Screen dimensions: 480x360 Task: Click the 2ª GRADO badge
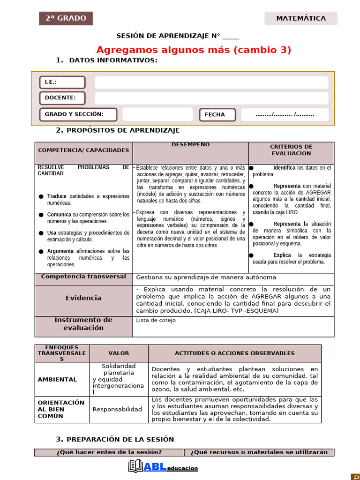point(66,18)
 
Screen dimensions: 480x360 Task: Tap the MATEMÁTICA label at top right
point(301,18)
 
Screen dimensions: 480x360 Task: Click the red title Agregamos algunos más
point(194,50)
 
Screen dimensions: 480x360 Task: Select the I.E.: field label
point(62,82)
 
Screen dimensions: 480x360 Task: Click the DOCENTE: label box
point(62,98)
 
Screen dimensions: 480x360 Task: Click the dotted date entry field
point(285,115)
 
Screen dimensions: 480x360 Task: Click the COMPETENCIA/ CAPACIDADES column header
point(83,150)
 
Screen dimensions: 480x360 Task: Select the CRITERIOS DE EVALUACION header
point(291,150)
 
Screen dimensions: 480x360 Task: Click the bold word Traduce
point(57,196)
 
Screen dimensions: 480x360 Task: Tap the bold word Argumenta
point(60,251)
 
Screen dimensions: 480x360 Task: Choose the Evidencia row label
point(83,298)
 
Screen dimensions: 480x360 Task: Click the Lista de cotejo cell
point(156,321)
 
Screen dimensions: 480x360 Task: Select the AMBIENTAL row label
point(57,380)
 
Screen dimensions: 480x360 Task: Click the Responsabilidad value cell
point(117,409)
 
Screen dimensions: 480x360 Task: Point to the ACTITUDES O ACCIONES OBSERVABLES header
point(234,353)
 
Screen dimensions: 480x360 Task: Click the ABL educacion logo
point(163,467)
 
